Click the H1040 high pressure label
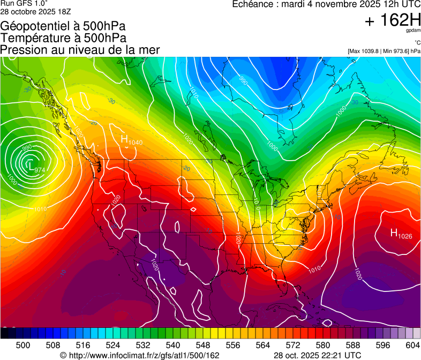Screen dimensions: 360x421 [x=131, y=140]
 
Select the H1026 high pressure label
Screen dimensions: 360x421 [x=401, y=233]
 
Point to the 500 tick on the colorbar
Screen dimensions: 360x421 [x=23, y=345]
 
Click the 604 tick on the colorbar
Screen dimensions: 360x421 [x=413, y=345]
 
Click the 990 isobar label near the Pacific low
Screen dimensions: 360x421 [x=27, y=147]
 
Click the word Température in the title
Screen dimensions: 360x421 [x=32, y=37]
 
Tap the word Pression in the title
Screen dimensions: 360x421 [x=21, y=50]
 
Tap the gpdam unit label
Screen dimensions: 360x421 [x=413, y=31]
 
